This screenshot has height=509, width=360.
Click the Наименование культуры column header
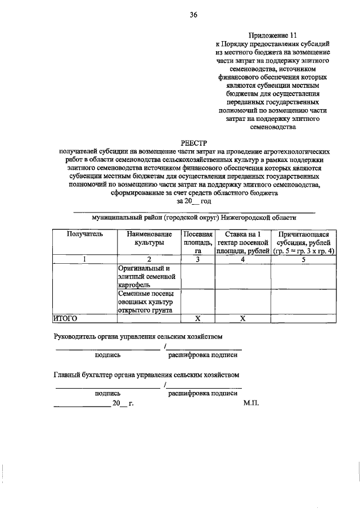click(150, 238)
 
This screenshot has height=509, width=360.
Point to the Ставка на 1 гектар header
click(242, 242)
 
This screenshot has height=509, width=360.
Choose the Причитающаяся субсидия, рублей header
click(303, 242)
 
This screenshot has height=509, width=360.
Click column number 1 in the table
click(85, 259)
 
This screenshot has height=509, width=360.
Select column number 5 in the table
click(303, 259)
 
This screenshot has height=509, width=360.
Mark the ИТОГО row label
click(65, 318)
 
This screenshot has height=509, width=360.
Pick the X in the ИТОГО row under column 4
click(242, 318)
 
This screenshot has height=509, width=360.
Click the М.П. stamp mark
click(250, 404)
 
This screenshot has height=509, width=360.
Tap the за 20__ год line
click(193, 201)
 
